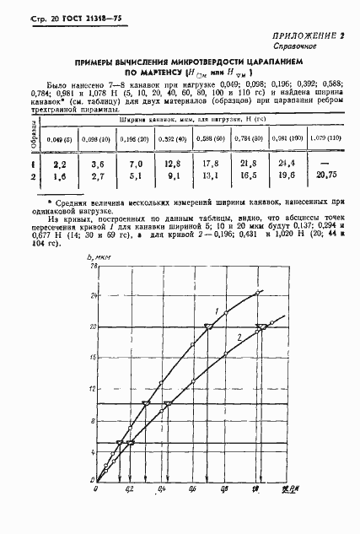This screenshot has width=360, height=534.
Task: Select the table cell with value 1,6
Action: (x=58, y=177)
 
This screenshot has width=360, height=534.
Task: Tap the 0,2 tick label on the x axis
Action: (x=129, y=489)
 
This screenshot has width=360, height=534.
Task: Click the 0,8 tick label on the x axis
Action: (x=224, y=489)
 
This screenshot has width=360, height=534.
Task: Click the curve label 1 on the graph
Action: (x=217, y=313)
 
